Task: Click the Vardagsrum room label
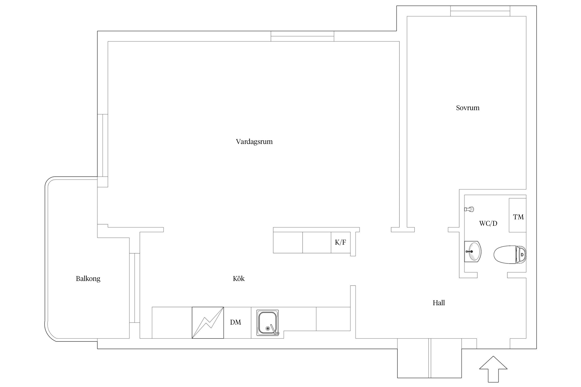(x=254, y=142)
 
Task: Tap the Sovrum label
(x=468, y=108)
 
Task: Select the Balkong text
(x=88, y=279)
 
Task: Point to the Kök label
(x=239, y=278)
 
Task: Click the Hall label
(x=439, y=303)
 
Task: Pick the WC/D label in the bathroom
(x=488, y=223)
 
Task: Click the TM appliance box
(x=517, y=215)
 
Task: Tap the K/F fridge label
(x=340, y=242)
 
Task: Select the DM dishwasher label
(x=235, y=322)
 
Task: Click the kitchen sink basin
(x=268, y=323)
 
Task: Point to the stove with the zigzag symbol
(x=208, y=322)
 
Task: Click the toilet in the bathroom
(x=510, y=255)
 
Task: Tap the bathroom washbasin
(x=473, y=252)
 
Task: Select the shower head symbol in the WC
(x=469, y=209)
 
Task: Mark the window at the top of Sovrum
(x=480, y=11)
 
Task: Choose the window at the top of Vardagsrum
(x=302, y=36)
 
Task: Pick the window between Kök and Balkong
(x=135, y=288)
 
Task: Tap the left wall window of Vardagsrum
(x=103, y=146)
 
